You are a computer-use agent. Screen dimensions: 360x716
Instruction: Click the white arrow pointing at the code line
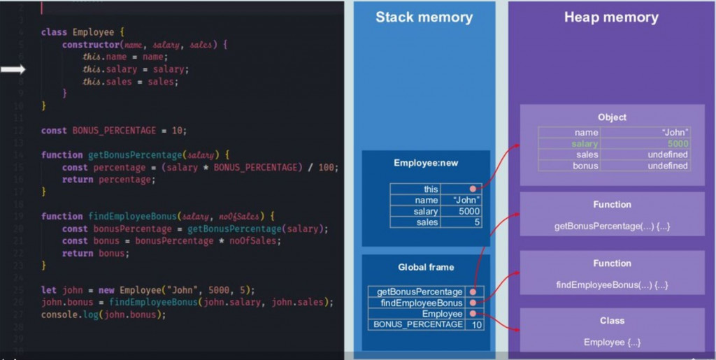13,69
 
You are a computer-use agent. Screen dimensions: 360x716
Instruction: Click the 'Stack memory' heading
424,17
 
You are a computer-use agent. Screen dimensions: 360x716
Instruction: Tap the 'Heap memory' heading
611,17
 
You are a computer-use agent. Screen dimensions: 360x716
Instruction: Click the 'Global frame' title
425,267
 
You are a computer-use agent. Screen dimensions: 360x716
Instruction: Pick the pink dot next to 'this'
473,189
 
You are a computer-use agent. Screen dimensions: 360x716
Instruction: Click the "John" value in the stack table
465,201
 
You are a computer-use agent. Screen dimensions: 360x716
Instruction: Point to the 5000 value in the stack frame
468,211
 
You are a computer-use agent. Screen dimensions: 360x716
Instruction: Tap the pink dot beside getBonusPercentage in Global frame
473,292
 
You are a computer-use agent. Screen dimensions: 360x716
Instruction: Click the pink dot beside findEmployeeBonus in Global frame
473,303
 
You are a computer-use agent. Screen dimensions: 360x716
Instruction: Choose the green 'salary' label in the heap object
584,143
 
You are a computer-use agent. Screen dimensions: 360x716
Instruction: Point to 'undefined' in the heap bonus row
667,166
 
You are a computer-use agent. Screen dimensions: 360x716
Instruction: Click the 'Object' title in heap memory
612,117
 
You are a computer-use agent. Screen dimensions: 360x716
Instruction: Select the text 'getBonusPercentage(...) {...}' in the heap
612,226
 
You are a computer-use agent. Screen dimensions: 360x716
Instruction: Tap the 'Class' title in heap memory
612,321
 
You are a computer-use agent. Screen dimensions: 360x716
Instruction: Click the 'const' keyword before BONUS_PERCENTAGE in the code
54,131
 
